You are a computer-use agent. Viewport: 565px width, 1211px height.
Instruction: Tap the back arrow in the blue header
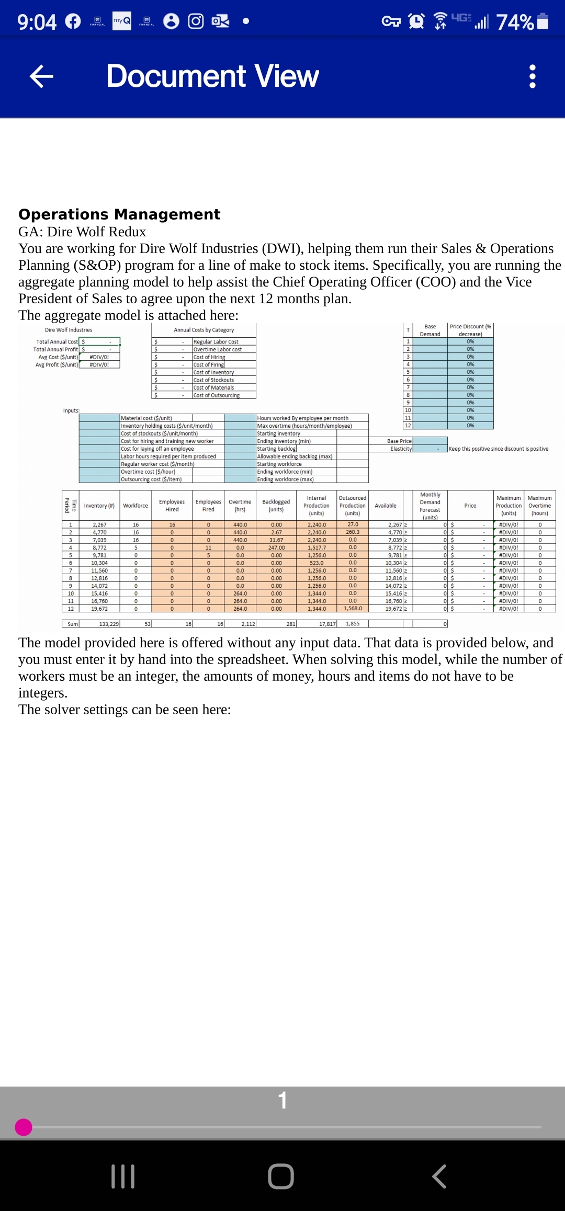41,76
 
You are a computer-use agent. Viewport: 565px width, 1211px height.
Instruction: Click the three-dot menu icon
532,76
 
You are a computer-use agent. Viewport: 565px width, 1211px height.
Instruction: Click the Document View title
212,76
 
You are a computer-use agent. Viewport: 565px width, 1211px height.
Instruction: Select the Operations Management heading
119,214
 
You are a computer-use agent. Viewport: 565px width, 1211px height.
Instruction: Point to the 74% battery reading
515,22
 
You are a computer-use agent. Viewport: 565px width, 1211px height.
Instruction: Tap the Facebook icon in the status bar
73,21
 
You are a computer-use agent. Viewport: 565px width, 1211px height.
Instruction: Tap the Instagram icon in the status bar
196,21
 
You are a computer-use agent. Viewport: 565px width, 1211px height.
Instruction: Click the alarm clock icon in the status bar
416,21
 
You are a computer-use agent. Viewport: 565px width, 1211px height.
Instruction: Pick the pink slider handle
24,1127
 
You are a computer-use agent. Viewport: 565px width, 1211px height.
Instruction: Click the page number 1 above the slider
282,1100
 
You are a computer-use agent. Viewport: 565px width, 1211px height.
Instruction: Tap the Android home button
281,1176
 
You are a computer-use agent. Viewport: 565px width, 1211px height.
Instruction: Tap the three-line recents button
123,1176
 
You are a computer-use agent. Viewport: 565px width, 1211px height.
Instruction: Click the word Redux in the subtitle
127,232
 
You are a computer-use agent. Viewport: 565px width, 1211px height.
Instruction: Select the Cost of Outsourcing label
217,395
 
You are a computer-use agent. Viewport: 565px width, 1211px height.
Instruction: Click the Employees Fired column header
208,506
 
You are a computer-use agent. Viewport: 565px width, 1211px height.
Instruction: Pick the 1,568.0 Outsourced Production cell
353,609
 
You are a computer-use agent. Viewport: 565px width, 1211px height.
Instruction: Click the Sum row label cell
72,624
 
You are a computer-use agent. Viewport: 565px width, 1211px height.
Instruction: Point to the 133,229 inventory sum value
109,624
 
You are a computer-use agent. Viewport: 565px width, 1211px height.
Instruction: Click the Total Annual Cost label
56,342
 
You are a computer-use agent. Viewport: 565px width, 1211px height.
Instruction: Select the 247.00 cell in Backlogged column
276,547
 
